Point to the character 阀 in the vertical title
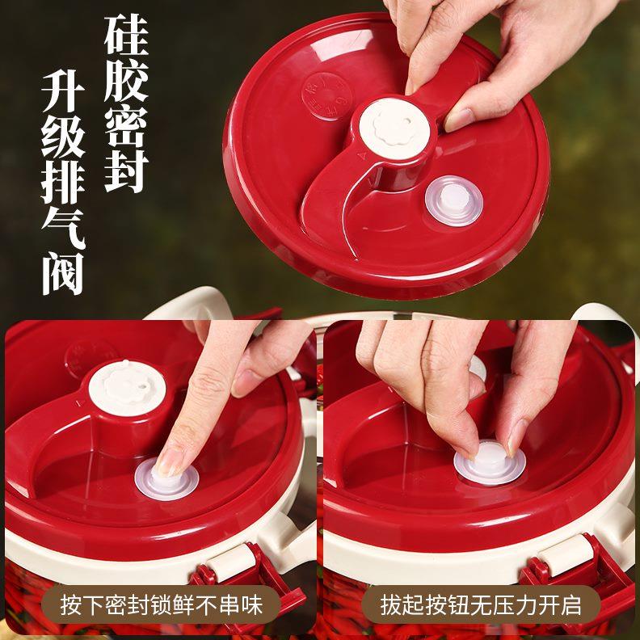click(x=62, y=271)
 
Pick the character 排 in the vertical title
click(x=62, y=179)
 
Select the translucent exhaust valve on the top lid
click(x=453, y=200)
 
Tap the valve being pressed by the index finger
click(x=166, y=478)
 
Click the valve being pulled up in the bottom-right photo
click(x=489, y=462)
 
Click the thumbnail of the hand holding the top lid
click(x=459, y=119)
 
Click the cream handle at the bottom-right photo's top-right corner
click(x=606, y=323)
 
